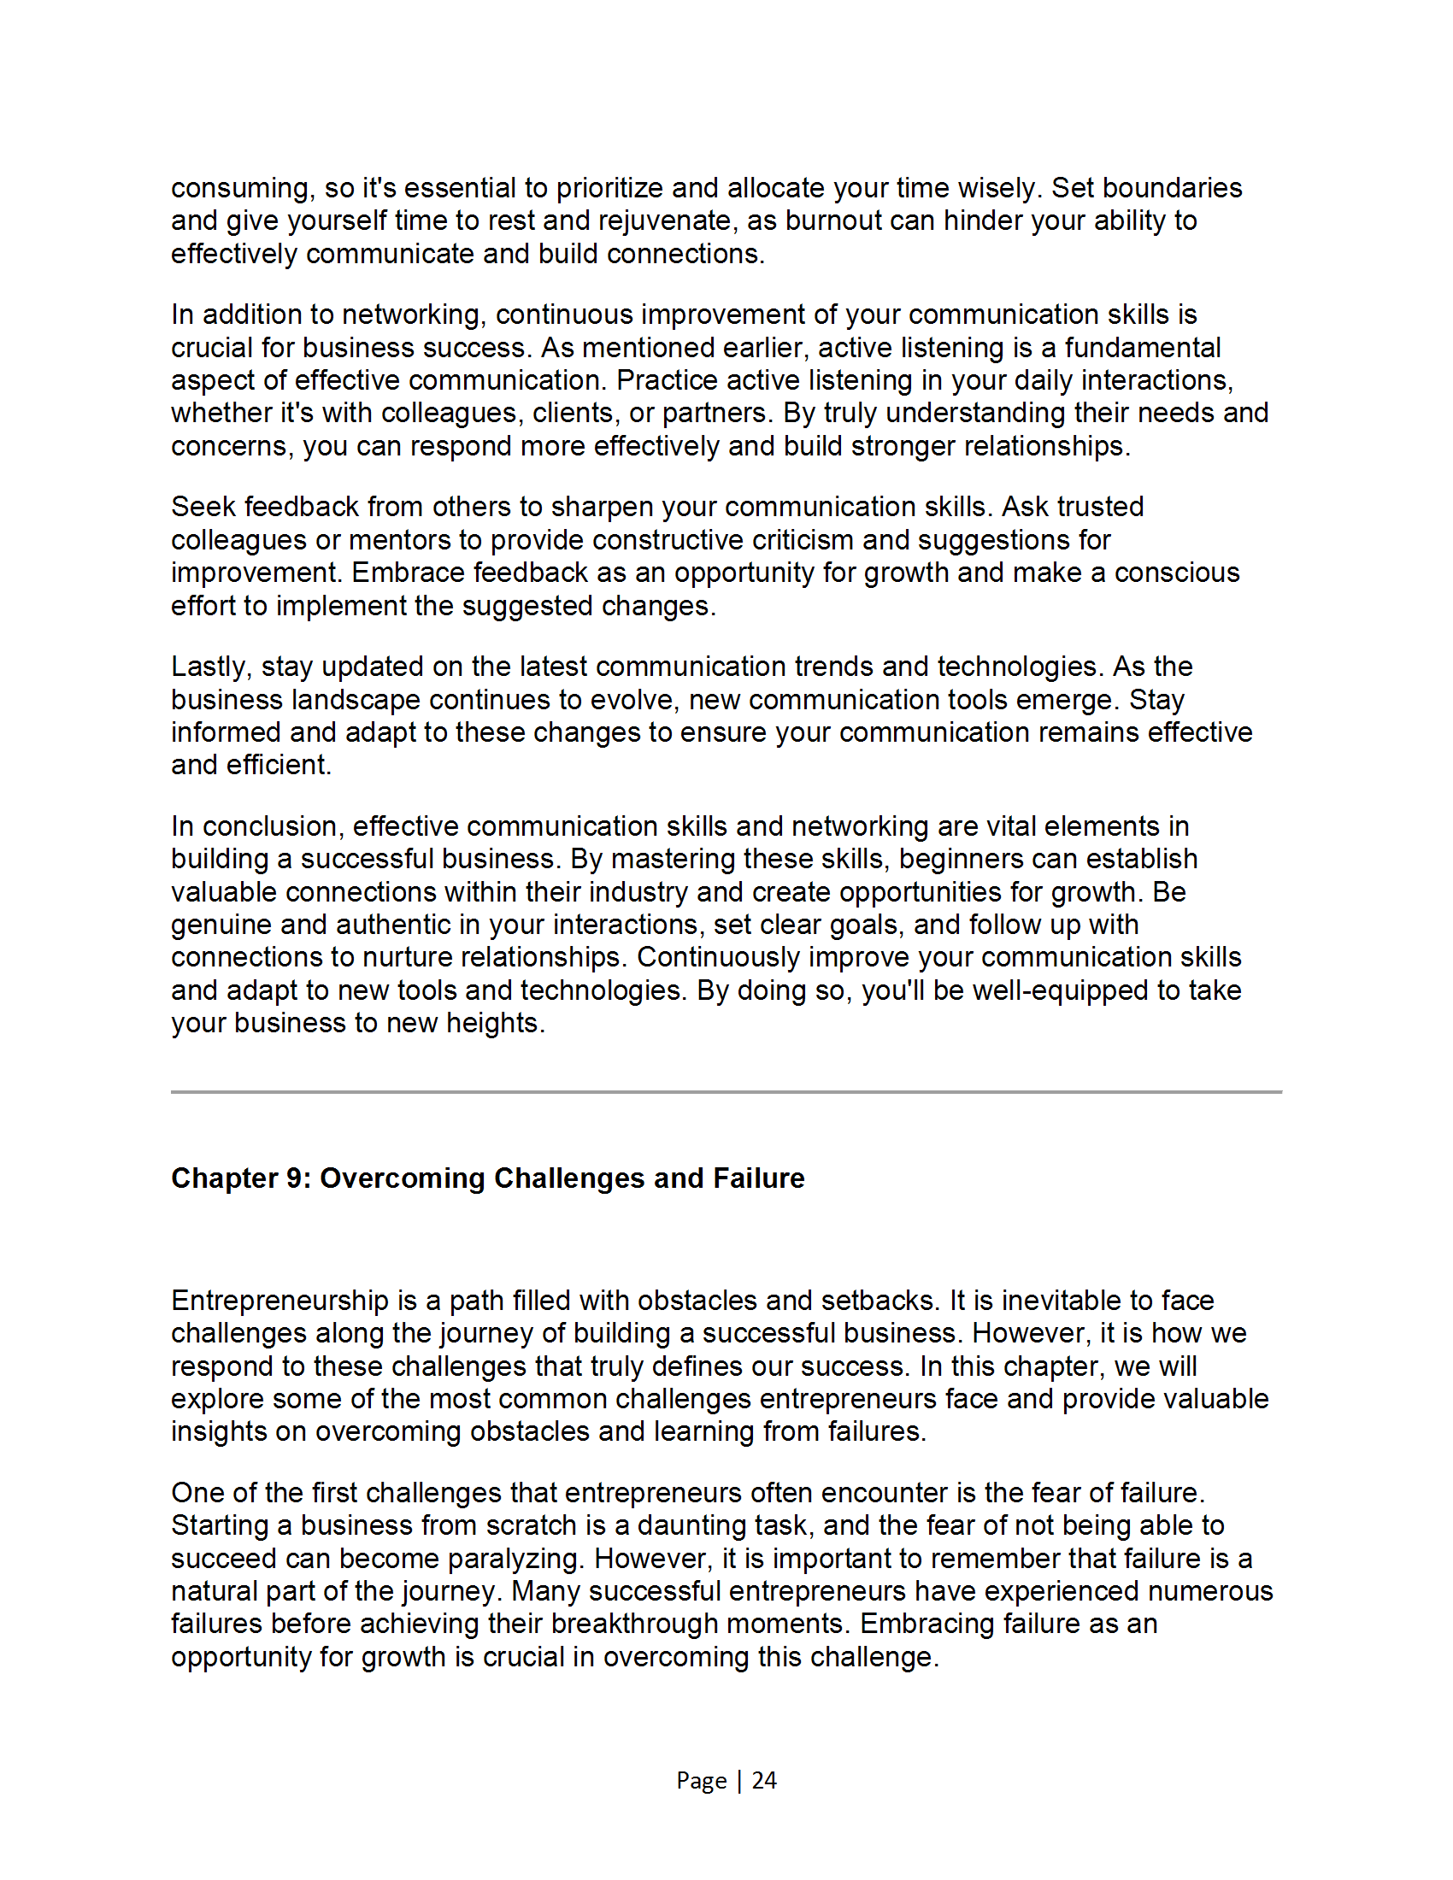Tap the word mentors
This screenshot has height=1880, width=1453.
tap(403, 541)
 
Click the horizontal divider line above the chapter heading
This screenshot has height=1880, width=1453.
tap(726, 1092)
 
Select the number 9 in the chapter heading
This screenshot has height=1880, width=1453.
tap(296, 1178)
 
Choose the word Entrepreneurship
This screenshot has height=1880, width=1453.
tap(279, 1301)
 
